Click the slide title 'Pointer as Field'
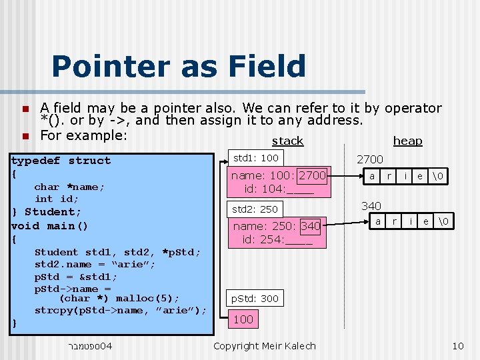[178, 67]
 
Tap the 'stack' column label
[287, 141]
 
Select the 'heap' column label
[407, 141]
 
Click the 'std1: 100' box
[256, 158]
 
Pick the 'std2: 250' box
[255, 209]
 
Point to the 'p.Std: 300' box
[255, 298]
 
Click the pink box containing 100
[243, 319]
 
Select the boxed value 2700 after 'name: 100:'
[312, 175]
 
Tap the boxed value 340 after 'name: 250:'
[311, 226]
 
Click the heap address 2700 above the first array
[370, 159]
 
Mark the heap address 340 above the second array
[371, 206]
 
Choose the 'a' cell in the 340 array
[378, 221]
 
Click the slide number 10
[457, 345]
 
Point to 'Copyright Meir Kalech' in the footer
[265, 345]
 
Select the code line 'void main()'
[50, 225]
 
